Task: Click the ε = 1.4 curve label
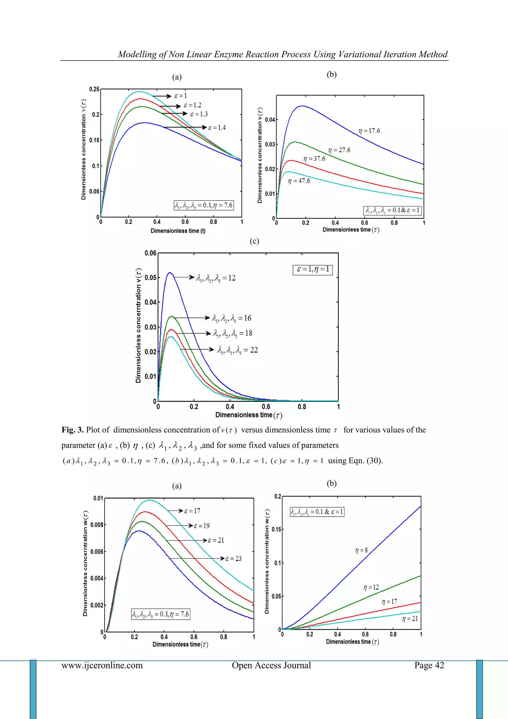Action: pos(217,127)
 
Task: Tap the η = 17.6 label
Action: pos(369,131)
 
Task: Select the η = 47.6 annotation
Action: pos(299,181)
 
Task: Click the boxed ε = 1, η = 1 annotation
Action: pos(313,269)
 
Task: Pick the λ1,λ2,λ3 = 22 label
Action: pos(237,350)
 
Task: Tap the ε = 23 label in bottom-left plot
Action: pos(233,558)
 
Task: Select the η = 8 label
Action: pos(361,550)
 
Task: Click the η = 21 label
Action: pos(410,618)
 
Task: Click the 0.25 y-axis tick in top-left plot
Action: pos(94,89)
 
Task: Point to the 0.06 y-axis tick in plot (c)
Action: pos(151,253)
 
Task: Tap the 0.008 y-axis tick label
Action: pos(96,525)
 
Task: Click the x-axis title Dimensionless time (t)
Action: pos(178,231)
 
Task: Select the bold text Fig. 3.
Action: pos(73,430)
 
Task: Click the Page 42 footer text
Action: pos(429,665)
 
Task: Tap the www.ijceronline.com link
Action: pos(102,665)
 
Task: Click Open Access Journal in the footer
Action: pos(271,665)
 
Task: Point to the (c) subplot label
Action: pos(254,241)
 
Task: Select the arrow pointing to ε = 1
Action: pos(162,96)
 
